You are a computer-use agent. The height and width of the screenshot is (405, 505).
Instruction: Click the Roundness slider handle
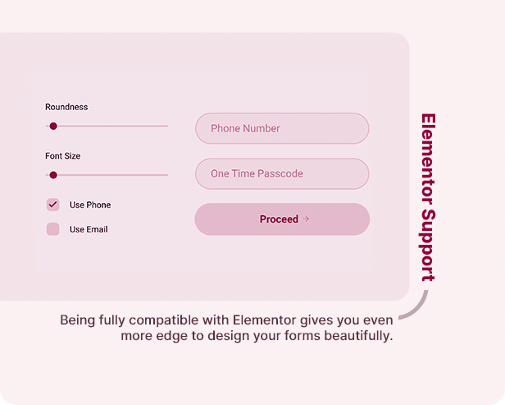[53, 127]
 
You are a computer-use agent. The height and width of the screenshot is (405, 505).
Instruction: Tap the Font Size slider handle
[53, 175]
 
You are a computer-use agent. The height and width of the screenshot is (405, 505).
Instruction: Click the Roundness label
[66, 107]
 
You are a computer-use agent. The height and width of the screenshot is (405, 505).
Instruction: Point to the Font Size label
[63, 156]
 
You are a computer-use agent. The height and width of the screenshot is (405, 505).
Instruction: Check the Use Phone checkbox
[52, 205]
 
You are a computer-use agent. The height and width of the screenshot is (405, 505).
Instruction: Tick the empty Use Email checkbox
[52, 229]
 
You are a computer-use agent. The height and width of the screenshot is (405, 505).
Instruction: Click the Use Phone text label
[90, 205]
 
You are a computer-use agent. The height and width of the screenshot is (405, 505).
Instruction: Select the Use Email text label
[89, 229]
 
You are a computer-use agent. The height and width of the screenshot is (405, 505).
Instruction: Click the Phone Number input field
[282, 128]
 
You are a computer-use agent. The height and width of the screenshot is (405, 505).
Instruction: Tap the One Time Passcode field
[282, 173]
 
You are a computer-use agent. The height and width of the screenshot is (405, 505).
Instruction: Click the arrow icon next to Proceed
[306, 219]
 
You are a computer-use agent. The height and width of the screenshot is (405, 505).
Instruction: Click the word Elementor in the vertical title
[428, 159]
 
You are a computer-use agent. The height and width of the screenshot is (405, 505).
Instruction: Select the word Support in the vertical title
[428, 246]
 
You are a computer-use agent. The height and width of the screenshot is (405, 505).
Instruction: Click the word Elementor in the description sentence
[265, 320]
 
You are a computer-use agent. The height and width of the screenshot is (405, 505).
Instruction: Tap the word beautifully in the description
[358, 336]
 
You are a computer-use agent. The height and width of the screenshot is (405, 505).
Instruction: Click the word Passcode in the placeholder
[280, 173]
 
